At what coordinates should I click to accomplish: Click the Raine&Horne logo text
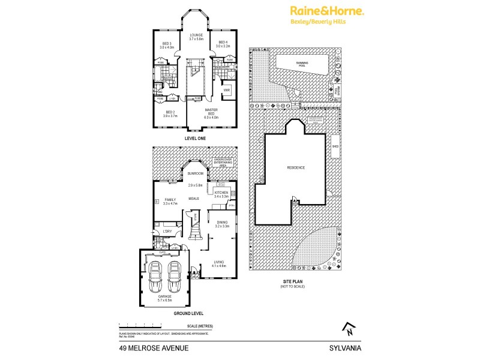tap(327, 10)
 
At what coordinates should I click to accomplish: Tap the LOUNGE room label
tap(196, 35)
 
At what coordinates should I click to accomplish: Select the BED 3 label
tap(167, 43)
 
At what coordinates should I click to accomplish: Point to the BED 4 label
tap(224, 41)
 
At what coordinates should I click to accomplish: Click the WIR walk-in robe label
tap(227, 91)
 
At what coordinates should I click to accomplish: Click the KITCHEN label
tap(221, 192)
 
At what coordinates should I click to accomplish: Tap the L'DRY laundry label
tap(168, 232)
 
